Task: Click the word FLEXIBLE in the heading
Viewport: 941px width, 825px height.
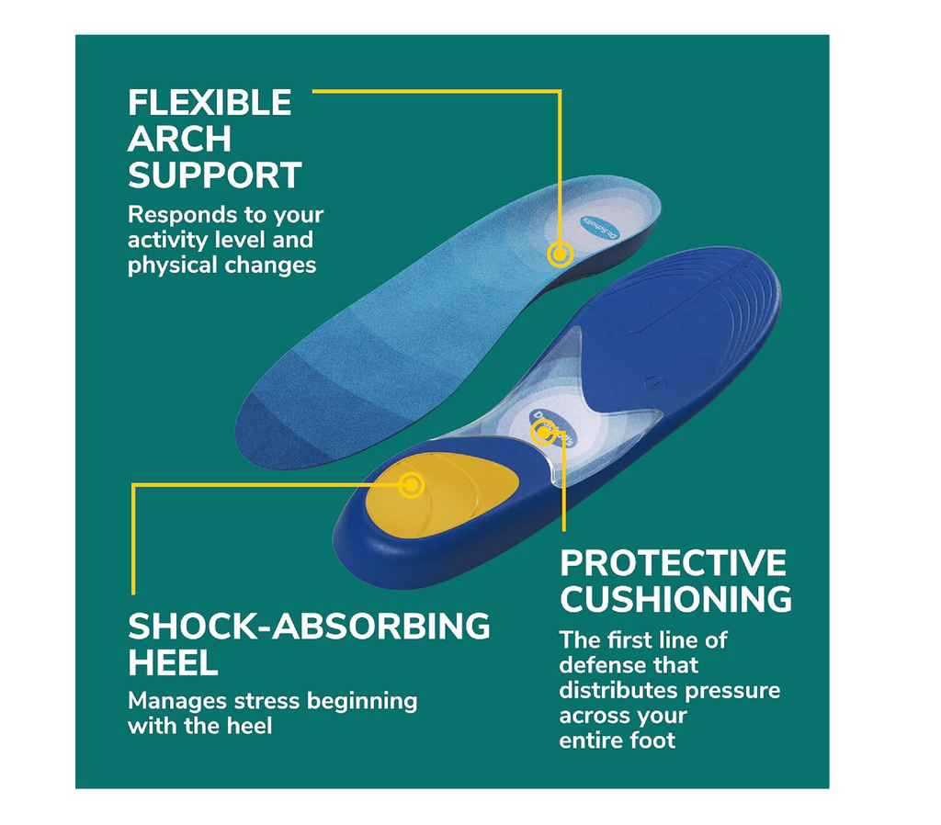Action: [210, 103]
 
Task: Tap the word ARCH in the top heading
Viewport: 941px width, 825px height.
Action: [179, 140]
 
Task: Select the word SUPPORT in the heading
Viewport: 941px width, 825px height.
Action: [214, 175]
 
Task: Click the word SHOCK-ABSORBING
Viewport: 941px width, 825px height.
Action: [309, 627]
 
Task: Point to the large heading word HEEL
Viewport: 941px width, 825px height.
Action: [173, 663]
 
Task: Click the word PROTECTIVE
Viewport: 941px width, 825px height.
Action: [673, 563]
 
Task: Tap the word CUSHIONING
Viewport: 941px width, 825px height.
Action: [676, 599]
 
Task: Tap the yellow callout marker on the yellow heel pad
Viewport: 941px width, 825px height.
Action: [412, 485]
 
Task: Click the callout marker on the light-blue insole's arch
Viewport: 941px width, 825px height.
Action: [560, 254]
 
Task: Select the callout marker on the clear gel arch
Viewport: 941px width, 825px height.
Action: [543, 433]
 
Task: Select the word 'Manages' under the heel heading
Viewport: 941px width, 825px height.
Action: [176, 701]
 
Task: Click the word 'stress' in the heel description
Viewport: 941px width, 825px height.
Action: [266, 701]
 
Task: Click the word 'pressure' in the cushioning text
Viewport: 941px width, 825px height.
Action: [732, 691]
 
